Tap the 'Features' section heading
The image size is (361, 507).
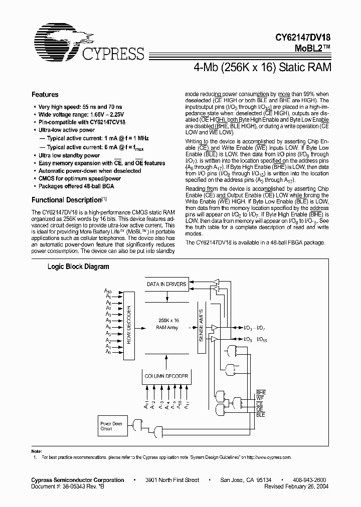click(45, 95)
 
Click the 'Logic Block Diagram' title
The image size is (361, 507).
click(78, 267)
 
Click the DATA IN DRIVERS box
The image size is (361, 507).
click(166, 284)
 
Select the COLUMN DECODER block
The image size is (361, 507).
click(167, 376)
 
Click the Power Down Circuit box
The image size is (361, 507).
click(111, 426)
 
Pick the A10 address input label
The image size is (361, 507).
click(107, 291)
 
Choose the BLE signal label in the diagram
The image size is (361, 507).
click(261, 415)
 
